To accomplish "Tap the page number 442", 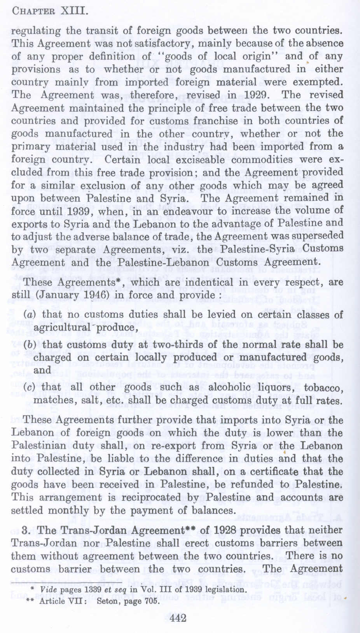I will click(178, 618).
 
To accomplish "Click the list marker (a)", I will click(28, 314).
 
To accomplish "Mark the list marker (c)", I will click(28, 387).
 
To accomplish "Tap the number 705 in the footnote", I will click(153, 601).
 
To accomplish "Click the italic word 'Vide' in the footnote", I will click(48, 589).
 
